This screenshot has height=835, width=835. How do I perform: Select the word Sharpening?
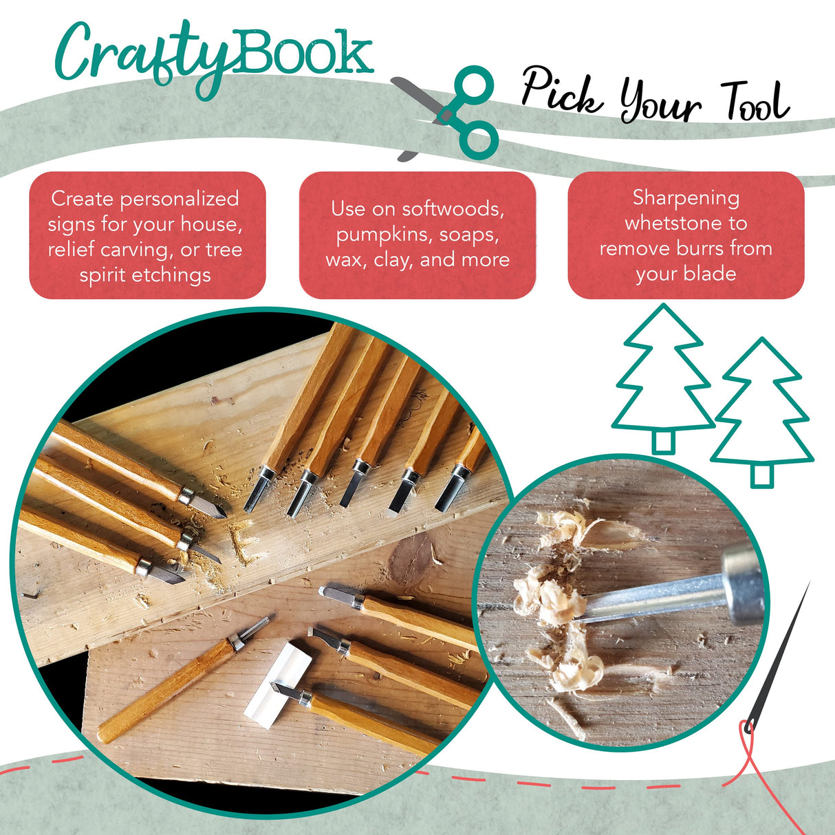pos(686,198)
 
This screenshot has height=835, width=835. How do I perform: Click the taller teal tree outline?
pos(663,378)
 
